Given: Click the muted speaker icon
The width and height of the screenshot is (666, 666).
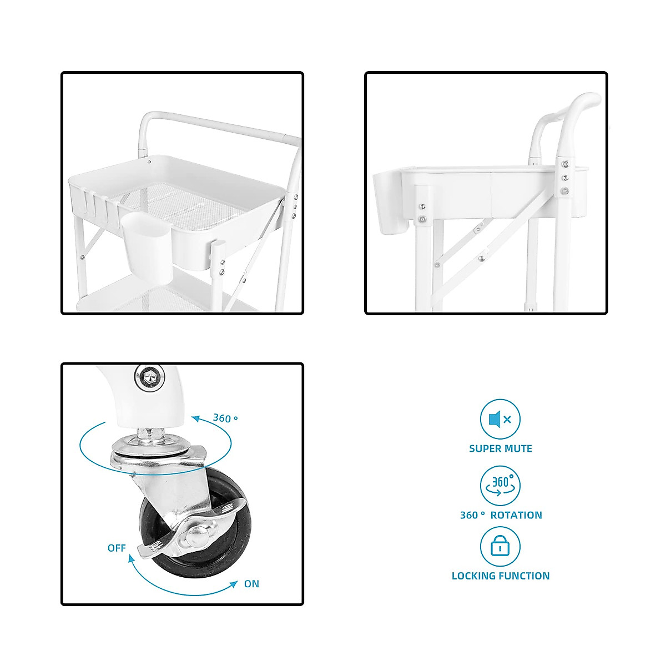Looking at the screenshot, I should pos(500,420).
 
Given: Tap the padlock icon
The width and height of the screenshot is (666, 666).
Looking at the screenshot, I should pos(500,547).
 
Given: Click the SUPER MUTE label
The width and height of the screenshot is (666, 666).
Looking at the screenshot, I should pos(500,448).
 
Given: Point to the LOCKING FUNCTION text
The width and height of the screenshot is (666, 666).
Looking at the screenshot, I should pos(500,576).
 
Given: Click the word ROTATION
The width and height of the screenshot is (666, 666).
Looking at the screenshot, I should pos(516,515).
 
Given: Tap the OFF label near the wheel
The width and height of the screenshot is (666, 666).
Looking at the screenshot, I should pos(117,548).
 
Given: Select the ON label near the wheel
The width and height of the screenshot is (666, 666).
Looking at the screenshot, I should pos(251,584).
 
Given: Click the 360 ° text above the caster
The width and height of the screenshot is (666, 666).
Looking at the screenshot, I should pos(225,418).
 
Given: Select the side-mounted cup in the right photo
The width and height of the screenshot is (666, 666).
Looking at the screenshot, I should pos(392,203).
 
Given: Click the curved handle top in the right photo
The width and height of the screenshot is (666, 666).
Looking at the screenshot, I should pos(583,103).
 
